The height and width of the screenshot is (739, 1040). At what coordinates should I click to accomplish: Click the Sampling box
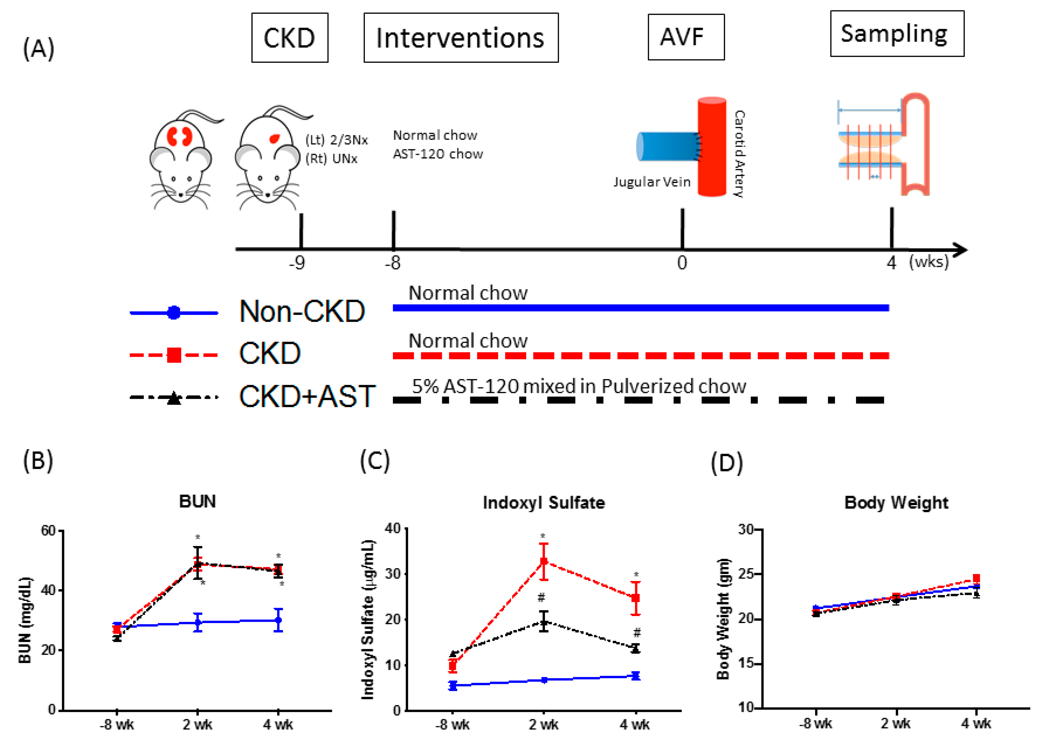(x=896, y=34)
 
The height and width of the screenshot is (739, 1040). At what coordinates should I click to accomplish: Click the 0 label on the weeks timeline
(x=682, y=263)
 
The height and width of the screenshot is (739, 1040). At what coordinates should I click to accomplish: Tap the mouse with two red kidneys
(x=181, y=157)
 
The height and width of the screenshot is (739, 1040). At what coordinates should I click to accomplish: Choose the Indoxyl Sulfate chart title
(x=544, y=503)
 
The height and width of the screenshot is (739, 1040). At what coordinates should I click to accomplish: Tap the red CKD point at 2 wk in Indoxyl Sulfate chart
(x=544, y=561)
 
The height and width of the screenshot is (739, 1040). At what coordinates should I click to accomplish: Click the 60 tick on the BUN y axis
(x=48, y=531)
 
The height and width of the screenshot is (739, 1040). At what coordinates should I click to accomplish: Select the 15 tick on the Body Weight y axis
(x=746, y=663)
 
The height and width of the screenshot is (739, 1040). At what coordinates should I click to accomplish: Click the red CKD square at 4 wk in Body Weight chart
(x=976, y=578)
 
